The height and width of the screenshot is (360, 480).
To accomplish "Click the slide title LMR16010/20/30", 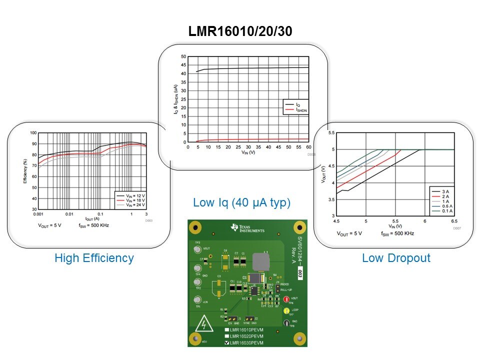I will coord(240,31).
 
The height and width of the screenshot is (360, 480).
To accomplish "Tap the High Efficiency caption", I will coord(94,258).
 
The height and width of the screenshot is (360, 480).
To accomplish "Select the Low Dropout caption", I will coord(395,258).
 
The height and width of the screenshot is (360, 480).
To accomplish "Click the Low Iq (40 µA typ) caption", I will coord(241,203).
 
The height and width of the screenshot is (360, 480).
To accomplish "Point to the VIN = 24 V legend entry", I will coord(132,204).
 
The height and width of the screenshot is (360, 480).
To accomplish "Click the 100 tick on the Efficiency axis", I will coord(33,133).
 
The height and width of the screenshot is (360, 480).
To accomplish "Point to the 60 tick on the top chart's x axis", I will coord(308,146).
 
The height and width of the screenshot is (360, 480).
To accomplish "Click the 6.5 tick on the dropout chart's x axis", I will coord(454,220).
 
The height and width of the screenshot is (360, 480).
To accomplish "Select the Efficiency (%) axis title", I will coord(25,171).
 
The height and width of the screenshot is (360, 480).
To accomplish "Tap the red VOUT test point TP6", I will coord(286,299).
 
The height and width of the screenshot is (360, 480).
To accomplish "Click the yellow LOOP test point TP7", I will coord(286,311).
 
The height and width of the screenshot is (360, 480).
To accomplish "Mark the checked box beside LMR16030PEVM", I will coord(227,343).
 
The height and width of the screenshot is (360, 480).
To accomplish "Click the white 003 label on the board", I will coord(299,273).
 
